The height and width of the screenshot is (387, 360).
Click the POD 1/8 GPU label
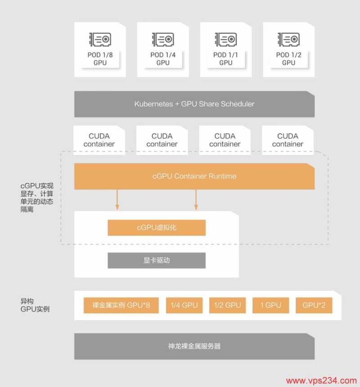[100, 59]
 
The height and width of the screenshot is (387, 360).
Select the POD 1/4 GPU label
[163, 59]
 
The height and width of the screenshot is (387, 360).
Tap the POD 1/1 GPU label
[226, 59]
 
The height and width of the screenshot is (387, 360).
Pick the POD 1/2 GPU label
[288, 59]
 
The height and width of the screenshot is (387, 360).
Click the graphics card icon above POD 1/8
[100, 40]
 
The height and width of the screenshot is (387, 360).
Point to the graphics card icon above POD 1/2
[288, 40]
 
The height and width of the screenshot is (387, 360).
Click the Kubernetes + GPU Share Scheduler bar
[194, 104]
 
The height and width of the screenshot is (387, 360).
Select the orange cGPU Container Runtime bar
[194, 176]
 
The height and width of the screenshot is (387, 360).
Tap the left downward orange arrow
[117, 200]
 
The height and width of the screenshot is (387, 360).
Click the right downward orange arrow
[196, 200]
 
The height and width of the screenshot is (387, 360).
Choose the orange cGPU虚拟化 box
[157, 228]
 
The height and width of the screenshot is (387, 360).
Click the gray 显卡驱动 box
[157, 261]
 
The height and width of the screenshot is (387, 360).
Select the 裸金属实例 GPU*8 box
[121, 306]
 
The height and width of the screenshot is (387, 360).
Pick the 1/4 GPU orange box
[184, 306]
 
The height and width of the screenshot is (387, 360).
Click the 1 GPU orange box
[271, 306]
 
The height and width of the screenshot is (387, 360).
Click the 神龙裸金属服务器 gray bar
[194, 347]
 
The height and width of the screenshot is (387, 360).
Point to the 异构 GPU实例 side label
[35, 305]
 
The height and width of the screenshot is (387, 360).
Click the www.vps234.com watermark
[321, 380]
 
